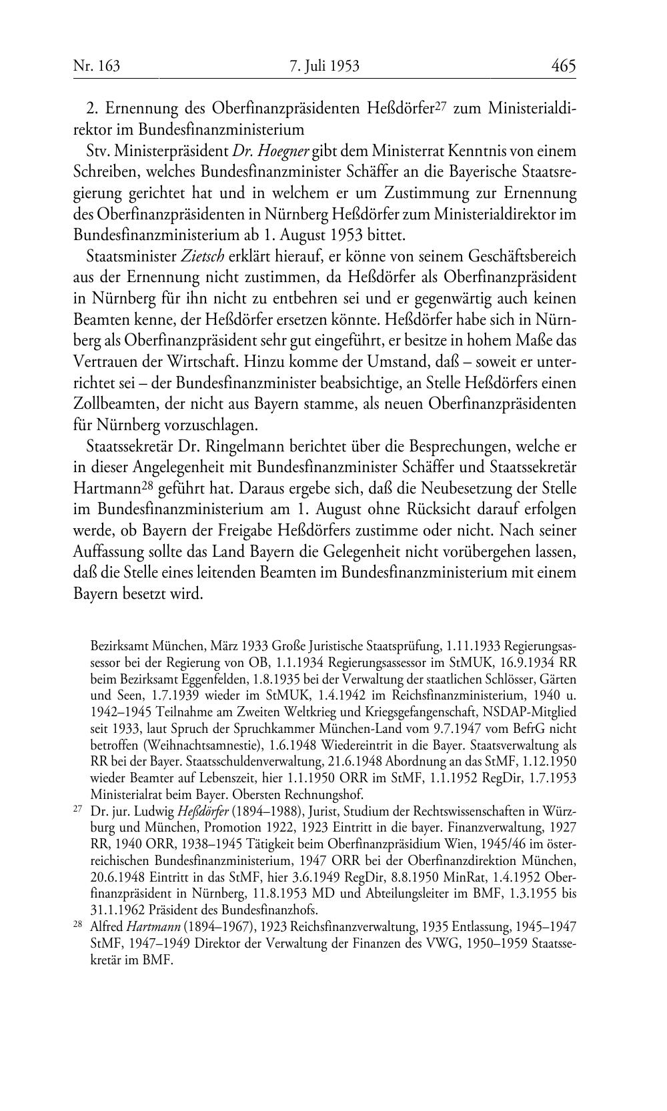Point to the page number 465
click(x=564, y=66)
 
